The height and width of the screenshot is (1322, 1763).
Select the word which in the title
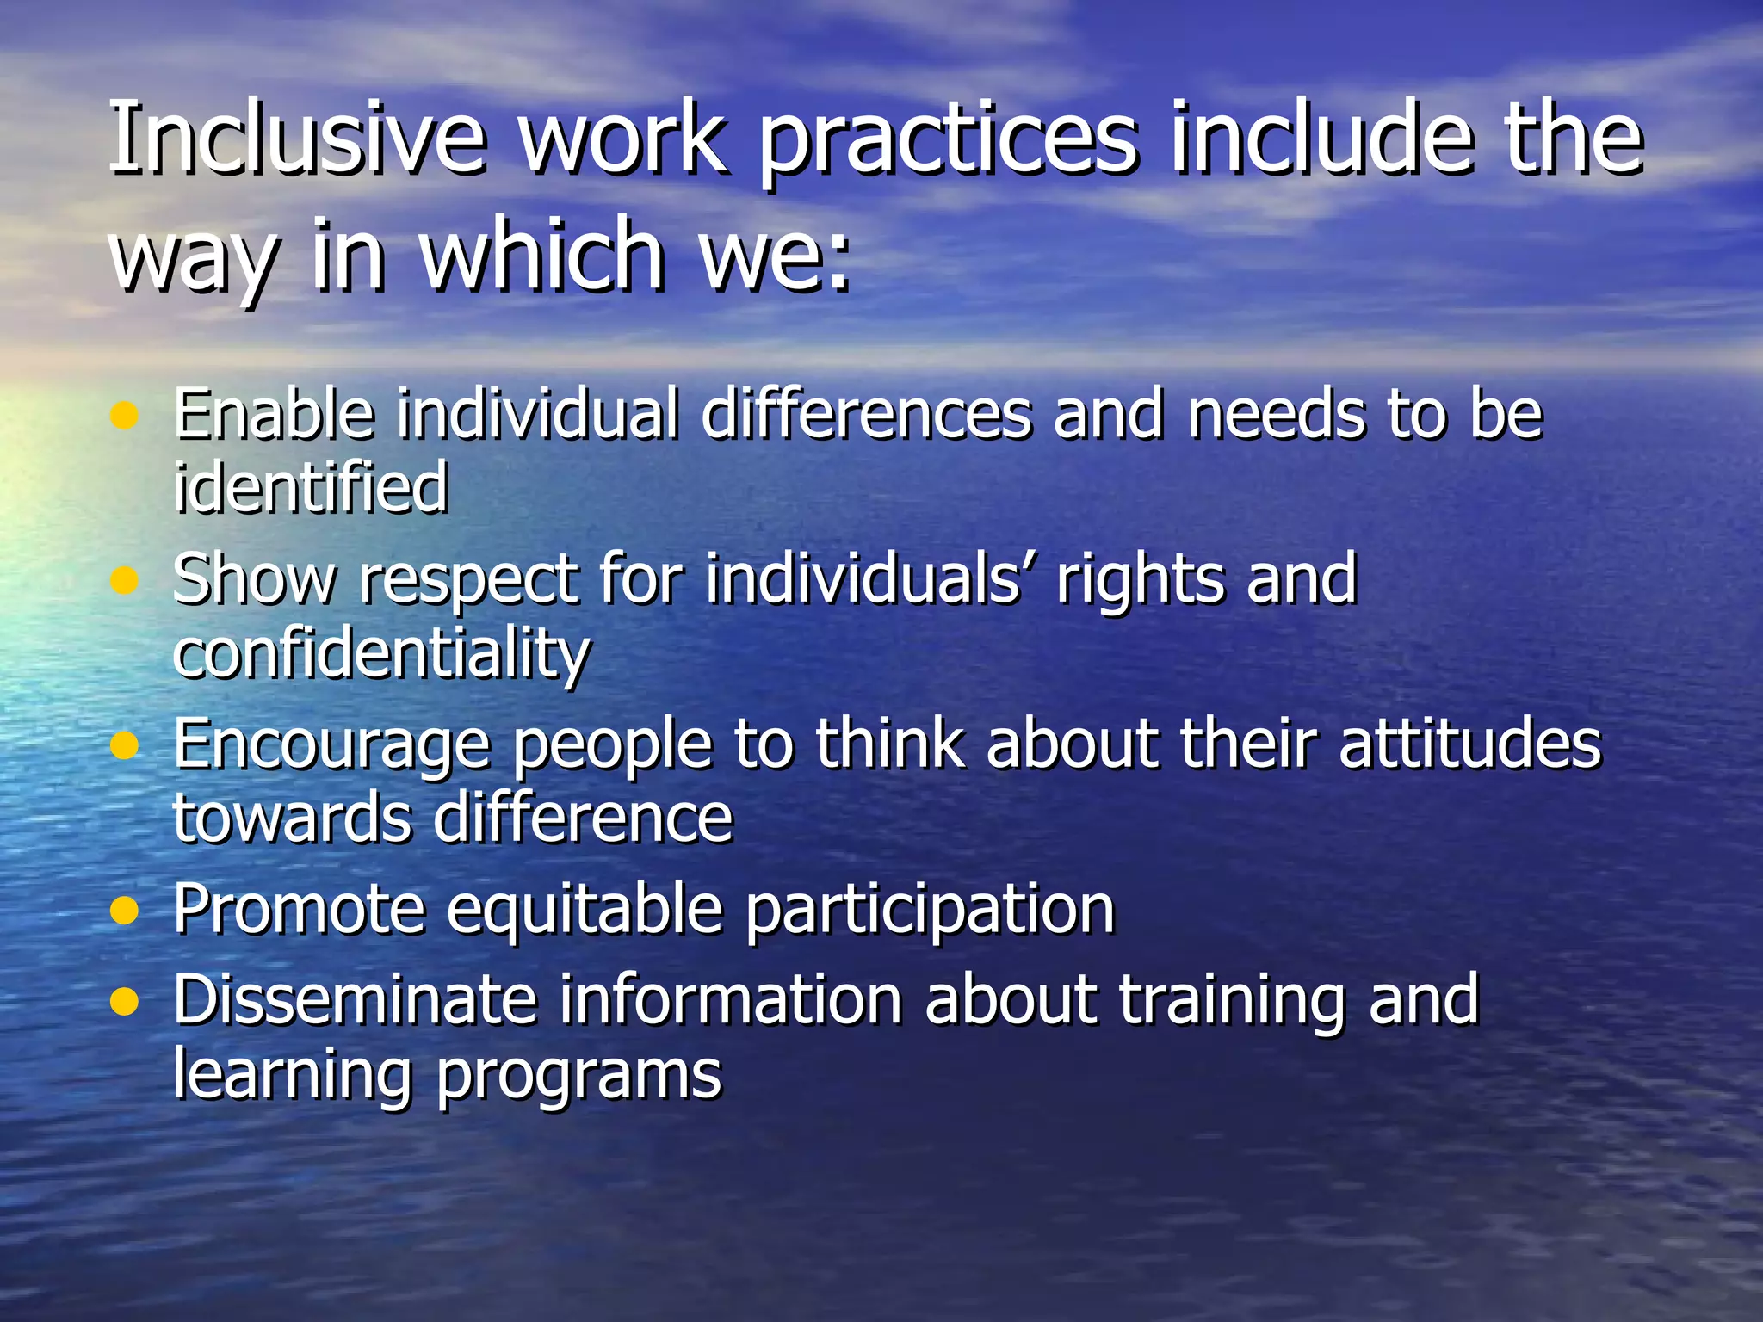pyautogui.click(x=542, y=255)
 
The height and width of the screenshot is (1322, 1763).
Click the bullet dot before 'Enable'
pyautogui.click(x=125, y=417)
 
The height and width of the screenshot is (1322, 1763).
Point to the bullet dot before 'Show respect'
pyautogui.click(x=125, y=581)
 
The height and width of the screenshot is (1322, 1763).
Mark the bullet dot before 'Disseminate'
pyautogui.click(x=125, y=1001)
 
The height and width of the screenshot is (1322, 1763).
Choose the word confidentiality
pyautogui.click(x=381, y=654)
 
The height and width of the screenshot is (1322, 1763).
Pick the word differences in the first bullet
pyautogui.click(x=866, y=414)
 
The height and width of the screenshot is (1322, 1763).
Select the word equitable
pyautogui.click(x=585, y=911)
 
